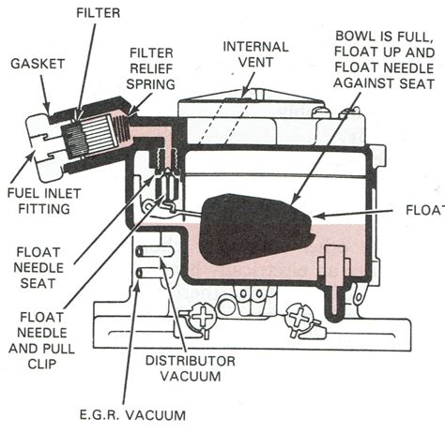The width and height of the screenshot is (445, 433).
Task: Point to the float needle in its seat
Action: pyautogui.click(x=168, y=173)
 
